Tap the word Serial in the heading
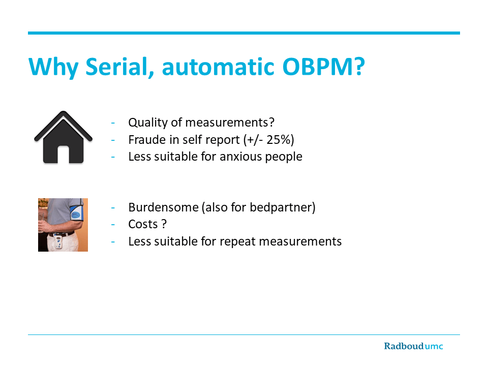coord(119,67)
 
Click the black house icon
coord(63,137)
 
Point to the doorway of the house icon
coord(63,155)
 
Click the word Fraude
coord(147,140)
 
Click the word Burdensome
coord(163,207)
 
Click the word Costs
coord(143,224)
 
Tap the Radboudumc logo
coord(413,346)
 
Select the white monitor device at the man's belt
coord(58,242)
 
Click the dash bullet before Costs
coord(113,225)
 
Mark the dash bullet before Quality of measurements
coord(113,123)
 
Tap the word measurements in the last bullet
coord(300,241)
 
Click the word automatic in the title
coord(219,67)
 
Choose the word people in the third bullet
coord(284,157)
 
